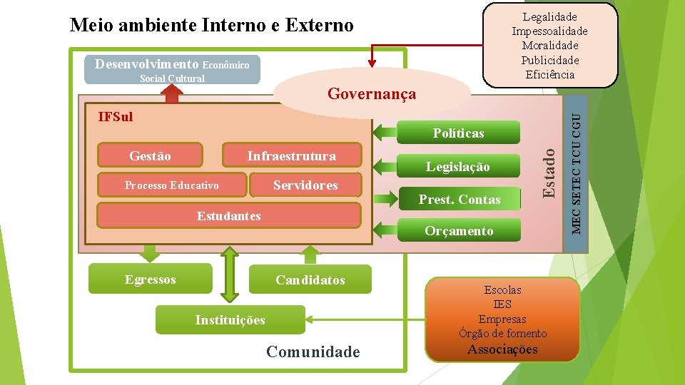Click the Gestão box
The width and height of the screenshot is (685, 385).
pyautogui.click(x=151, y=155)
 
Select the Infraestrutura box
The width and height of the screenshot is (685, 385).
pyautogui.click(x=291, y=155)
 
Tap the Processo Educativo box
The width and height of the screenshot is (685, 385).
pyautogui.click(x=171, y=185)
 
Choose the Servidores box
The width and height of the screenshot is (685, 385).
pyautogui.click(x=305, y=185)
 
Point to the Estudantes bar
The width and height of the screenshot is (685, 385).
pyautogui.click(x=228, y=216)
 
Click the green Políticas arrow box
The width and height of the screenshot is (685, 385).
pyautogui.click(x=458, y=133)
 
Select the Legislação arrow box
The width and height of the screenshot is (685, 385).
pyautogui.click(x=458, y=167)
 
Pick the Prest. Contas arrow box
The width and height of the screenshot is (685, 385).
pyautogui.click(x=460, y=200)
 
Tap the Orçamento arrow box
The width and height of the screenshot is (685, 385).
pyautogui.click(x=459, y=231)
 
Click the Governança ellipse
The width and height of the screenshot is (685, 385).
pyautogui.click(x=371, y=94)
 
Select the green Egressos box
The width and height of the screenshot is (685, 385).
pyautogui.click(x=150, y=279)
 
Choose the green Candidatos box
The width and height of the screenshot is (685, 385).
pyautogui.click(x=310, y=280)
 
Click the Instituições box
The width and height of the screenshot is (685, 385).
pyautogui.click(x=230, y=320)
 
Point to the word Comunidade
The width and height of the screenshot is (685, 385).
pyautogui.click(x=313, y=351)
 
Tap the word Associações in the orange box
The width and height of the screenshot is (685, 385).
pyautogui.click(x=502, y=349)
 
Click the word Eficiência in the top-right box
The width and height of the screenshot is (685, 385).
pyautogui.click(x=550, y=74)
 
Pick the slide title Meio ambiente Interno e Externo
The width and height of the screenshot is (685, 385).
pyautogui.click(x=211, y=26)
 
